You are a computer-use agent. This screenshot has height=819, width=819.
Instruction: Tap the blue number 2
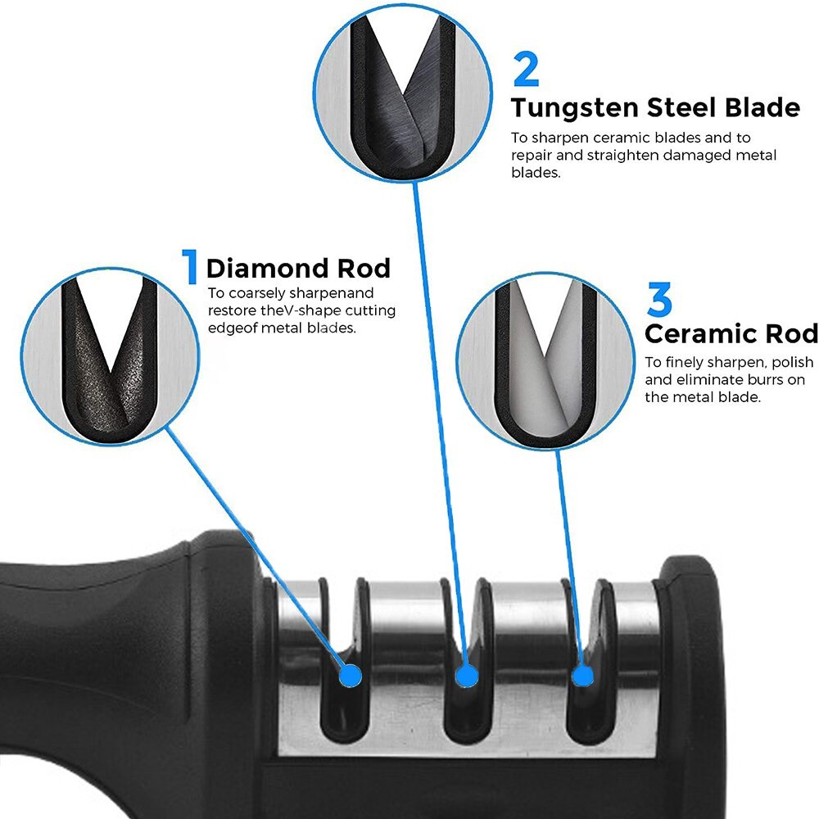526,70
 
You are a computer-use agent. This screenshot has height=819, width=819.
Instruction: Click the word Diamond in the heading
258,269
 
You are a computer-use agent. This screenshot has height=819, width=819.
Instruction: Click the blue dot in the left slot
350,675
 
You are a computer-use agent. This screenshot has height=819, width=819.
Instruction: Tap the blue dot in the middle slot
467,676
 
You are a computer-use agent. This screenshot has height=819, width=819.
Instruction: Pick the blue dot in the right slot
581,676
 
